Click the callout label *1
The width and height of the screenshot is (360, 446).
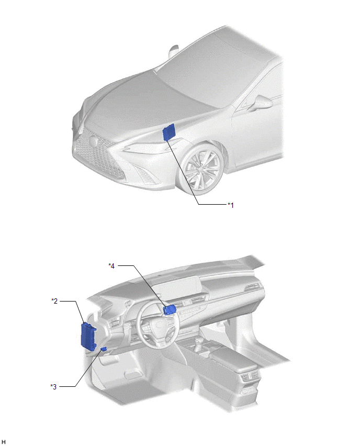pyautogui.click(x=230, y=205)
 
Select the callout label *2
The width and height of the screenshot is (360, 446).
pyautogui.click(x=54, y=301)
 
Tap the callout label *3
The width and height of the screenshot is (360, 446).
pyautogui.click(x=53, y=386)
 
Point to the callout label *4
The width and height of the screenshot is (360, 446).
pyautogui.click(x=111, y=266)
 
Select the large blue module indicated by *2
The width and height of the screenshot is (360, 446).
pyautogui.click(x=88, y=337)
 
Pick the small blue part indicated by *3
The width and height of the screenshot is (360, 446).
pyautogui.click(x=104, y=349)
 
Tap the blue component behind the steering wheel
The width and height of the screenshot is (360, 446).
pyautogui.click(x=170, y=310)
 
